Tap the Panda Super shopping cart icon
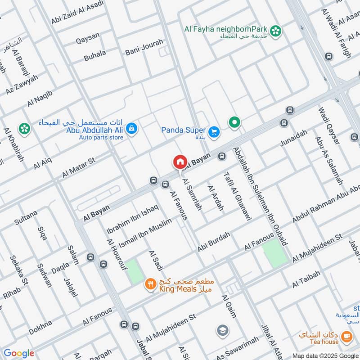214,131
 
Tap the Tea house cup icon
346,336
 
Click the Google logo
19,353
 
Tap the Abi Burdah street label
214,242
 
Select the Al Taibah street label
306,279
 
